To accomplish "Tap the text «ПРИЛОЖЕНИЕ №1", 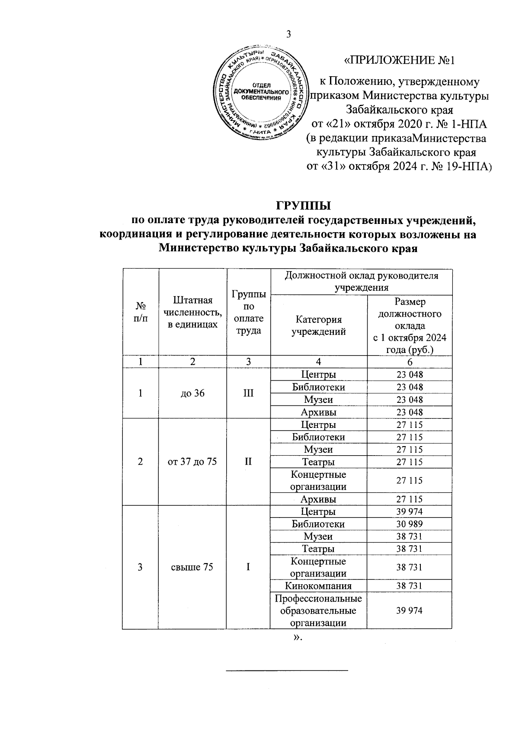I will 399,60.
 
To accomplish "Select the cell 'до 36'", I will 192,393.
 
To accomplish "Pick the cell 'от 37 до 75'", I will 192,462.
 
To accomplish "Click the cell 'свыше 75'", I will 192,567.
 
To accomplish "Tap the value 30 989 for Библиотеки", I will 409,524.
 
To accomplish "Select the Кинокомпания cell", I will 318,586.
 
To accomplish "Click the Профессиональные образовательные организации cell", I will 318,611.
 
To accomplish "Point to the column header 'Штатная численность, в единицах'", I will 192,312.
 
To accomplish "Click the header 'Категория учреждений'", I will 318,326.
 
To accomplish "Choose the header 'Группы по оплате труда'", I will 248,312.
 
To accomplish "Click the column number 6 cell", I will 409,362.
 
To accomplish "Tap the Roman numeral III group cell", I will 248,393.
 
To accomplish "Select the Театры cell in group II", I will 318,462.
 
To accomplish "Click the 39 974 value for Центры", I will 409,512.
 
